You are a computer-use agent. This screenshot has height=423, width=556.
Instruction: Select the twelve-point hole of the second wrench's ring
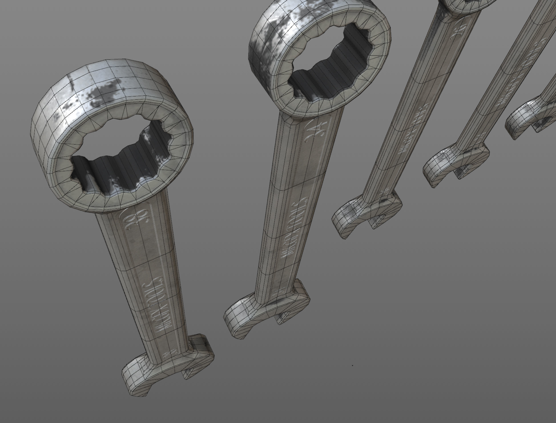(x=329, y=63)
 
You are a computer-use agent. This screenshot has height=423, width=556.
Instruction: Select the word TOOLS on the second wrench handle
(x=299, y=211)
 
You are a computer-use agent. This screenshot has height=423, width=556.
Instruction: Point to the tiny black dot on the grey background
(x=352, y=365)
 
